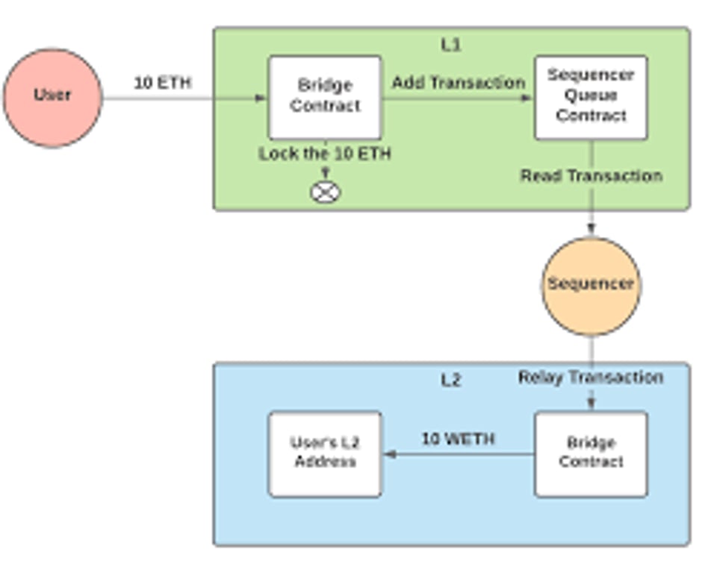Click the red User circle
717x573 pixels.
click(52, 98)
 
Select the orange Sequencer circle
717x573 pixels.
click(591, 286)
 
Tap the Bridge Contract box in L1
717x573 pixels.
click(325, 97)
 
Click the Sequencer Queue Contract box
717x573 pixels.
click(591, 97)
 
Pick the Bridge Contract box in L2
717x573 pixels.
click(591, 454)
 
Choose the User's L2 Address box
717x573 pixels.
click(325, 454)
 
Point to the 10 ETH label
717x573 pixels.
click(163, 83)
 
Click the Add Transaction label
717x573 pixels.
click(458, 83)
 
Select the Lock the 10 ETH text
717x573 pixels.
click(325, 154)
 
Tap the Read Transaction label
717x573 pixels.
click(591, 176)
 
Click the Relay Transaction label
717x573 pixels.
click(591, 378)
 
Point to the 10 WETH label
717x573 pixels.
click(458, 439)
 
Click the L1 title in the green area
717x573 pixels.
click(451, 45)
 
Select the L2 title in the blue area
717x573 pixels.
click(451, 381)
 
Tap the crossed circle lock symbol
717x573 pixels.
click(325, 192)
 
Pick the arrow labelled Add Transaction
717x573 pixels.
click(458, 98)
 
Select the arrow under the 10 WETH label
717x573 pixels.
click(458, 454)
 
